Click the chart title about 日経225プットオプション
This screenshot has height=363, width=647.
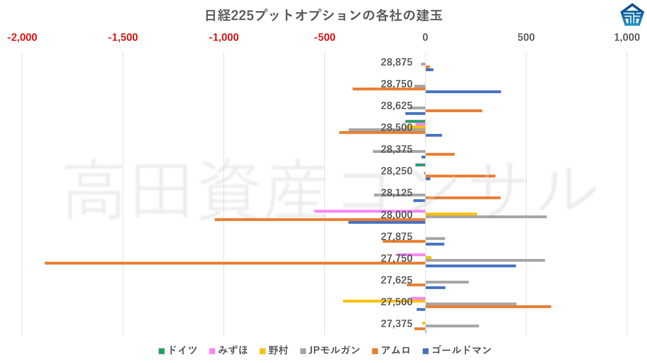[x=323, y=15]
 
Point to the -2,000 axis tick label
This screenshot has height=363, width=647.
[x=22, y=37]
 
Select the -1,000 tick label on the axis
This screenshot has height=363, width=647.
[x=224, y=37]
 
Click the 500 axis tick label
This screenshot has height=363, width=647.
[x=526, y=37]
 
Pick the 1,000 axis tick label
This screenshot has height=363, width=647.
[x=627, y=37]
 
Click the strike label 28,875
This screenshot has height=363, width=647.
[x=396, y=62]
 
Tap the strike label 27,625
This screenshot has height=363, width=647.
[x=396, y=280]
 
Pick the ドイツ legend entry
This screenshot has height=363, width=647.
[x=178, y=351]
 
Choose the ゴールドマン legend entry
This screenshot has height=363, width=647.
[x=457, y=351]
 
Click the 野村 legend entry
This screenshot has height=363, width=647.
[x=274, y=351]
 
